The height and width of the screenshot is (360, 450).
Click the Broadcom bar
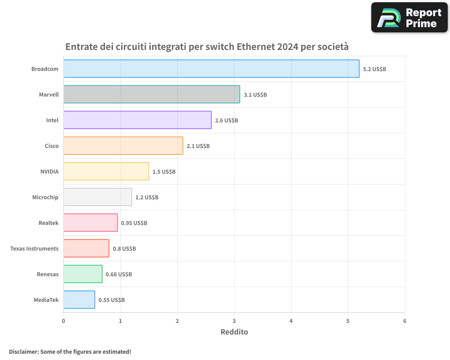211,69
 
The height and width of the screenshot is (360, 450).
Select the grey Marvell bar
152,94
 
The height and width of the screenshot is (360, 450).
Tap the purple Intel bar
137,120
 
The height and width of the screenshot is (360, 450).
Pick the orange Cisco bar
123,146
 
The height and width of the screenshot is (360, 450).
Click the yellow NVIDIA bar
106,171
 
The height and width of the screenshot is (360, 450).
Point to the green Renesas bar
83,274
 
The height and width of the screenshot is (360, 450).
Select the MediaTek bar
79,300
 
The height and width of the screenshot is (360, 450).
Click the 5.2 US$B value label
374,69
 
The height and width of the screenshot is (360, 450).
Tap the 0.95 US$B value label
134,223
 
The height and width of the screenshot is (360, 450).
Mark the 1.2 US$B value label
147,198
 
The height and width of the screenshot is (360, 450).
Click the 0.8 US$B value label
124,249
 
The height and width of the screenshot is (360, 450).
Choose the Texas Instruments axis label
34,249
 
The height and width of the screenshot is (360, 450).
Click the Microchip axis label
45,198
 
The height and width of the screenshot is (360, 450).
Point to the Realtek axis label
49,223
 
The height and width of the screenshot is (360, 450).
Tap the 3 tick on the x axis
234,321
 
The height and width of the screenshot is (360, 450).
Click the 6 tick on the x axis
405,321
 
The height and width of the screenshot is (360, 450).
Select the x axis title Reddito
234,332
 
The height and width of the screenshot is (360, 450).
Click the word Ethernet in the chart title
256,47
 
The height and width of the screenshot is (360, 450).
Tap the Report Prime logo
409,18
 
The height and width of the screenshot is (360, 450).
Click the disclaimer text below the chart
70,351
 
